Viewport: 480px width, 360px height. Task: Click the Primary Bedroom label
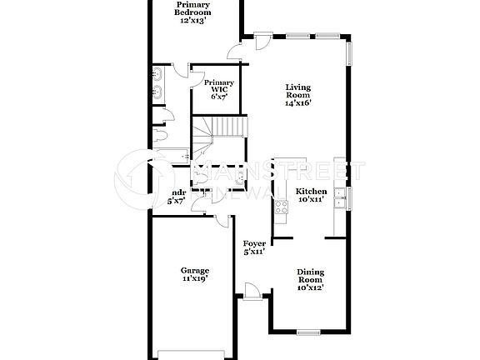192,9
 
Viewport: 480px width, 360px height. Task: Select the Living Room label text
297,94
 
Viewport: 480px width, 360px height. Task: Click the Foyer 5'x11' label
254,247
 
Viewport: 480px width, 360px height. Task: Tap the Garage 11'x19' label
195,274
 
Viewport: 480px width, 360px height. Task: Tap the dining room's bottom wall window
309,332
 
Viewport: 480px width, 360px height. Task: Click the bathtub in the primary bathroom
174,155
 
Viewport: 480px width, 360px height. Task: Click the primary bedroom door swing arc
237,52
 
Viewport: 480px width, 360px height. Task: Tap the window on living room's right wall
348,52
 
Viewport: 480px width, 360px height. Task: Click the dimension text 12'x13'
192,20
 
